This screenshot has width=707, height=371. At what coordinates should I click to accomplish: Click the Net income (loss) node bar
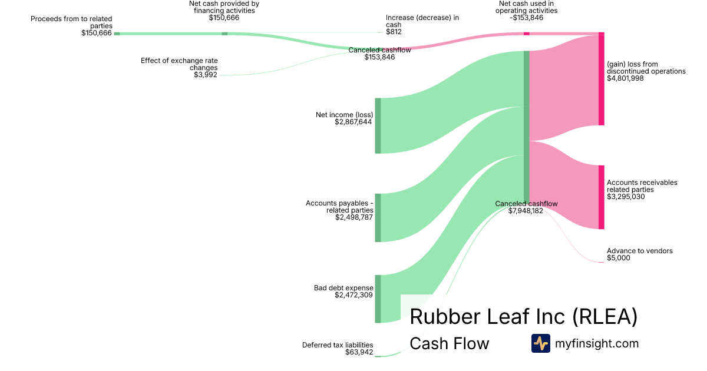pyautogui.click(x=378, y=125)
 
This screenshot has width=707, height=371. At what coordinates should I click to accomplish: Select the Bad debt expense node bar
pyautogui.click(x=378, y=299)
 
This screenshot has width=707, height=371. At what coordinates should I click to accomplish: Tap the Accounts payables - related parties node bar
pyautogui.click(x=378, y=217)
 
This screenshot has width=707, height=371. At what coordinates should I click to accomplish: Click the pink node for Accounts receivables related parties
pyautogui.click(x=601, y=197)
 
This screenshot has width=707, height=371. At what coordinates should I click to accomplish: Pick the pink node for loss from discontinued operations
pyautogui.click(x=601, y=79)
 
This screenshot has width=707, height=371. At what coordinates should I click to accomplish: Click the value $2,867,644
pyautogui.click(x=353, y=122)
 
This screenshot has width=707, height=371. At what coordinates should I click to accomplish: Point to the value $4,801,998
pyautogui.click(x=625, y=78)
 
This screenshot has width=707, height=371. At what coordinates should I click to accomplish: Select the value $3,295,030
pyautogui.click(x=626, y=197)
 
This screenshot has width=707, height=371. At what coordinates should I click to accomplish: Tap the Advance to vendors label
pyautogui.click(x=639, y=251)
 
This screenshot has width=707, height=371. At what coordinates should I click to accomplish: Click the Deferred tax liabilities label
pyautogui.click(x=338, y=345)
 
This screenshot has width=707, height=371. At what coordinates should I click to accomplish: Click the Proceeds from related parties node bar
pyautogui.click(x=117, y=34)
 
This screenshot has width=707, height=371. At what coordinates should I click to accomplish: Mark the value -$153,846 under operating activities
pyautogui.click(x=526, y=18)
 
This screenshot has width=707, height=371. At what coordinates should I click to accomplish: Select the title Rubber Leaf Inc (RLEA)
pyautogui.click(x=523, y=316)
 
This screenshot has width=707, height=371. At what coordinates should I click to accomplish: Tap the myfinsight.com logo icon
pyautogui.click(x=540, y=343)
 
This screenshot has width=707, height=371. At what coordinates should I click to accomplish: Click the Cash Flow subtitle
pyautogui.click(x=449, y=343)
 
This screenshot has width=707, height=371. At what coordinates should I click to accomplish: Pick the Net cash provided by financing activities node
pyautogui.click(x=224, y=34)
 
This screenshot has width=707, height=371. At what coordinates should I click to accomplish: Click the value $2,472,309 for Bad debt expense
pyautogui.click(x=353, y=295)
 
